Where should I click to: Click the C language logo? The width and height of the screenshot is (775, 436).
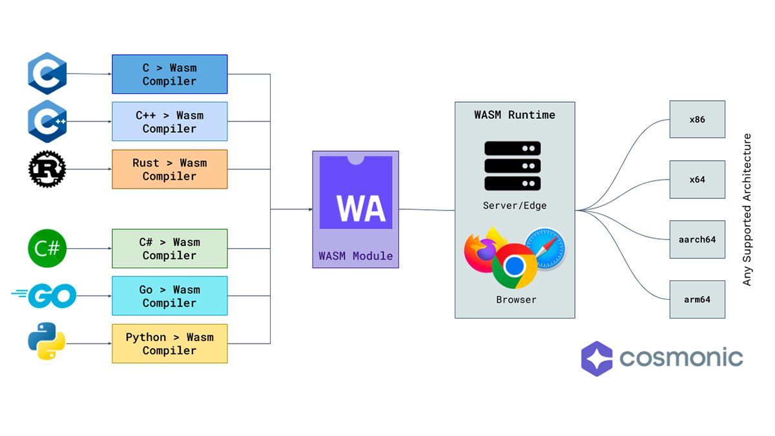point(47,74)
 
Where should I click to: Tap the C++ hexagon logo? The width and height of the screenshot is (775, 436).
point(47,121)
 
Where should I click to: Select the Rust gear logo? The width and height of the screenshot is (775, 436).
point(47,169)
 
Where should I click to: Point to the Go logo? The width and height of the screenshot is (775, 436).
point(45,296)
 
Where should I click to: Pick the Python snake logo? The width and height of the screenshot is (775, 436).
point(47,343)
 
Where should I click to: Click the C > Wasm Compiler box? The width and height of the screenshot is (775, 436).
point(169,74)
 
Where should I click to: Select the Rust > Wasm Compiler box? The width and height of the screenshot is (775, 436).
point(169,169)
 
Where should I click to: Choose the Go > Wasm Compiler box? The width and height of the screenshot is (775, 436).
point(169,296)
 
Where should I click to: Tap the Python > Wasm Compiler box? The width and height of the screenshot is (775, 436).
point(169,343)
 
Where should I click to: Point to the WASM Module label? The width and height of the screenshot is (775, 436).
point(355,256)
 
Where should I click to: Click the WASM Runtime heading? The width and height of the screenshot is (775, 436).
point(514,115)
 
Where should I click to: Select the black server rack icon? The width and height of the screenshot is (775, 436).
point(513,166)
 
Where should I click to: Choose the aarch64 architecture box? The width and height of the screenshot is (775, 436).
point(697,239)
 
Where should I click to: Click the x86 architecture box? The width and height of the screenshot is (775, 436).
point(697,119)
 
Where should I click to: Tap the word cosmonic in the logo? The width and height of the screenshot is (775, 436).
point(681,357)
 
